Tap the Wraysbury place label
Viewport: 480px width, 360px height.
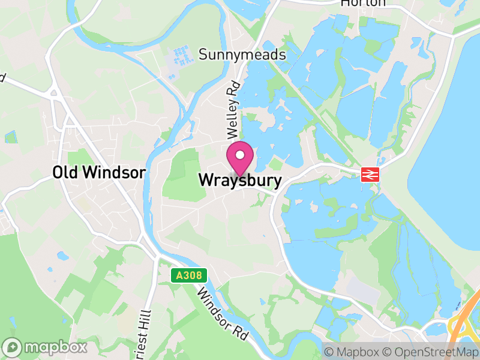click(239, 180)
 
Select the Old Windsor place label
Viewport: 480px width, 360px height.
click(99, 173)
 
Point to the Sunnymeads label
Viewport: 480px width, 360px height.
click(242, 55)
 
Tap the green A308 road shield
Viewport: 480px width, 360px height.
click(189, 275)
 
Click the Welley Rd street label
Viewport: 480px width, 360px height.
click(233, 108)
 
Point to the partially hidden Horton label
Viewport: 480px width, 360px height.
click(362, 4)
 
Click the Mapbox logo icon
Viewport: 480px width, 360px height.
click(13, 347)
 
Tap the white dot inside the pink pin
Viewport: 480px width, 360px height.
click(240, 155)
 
